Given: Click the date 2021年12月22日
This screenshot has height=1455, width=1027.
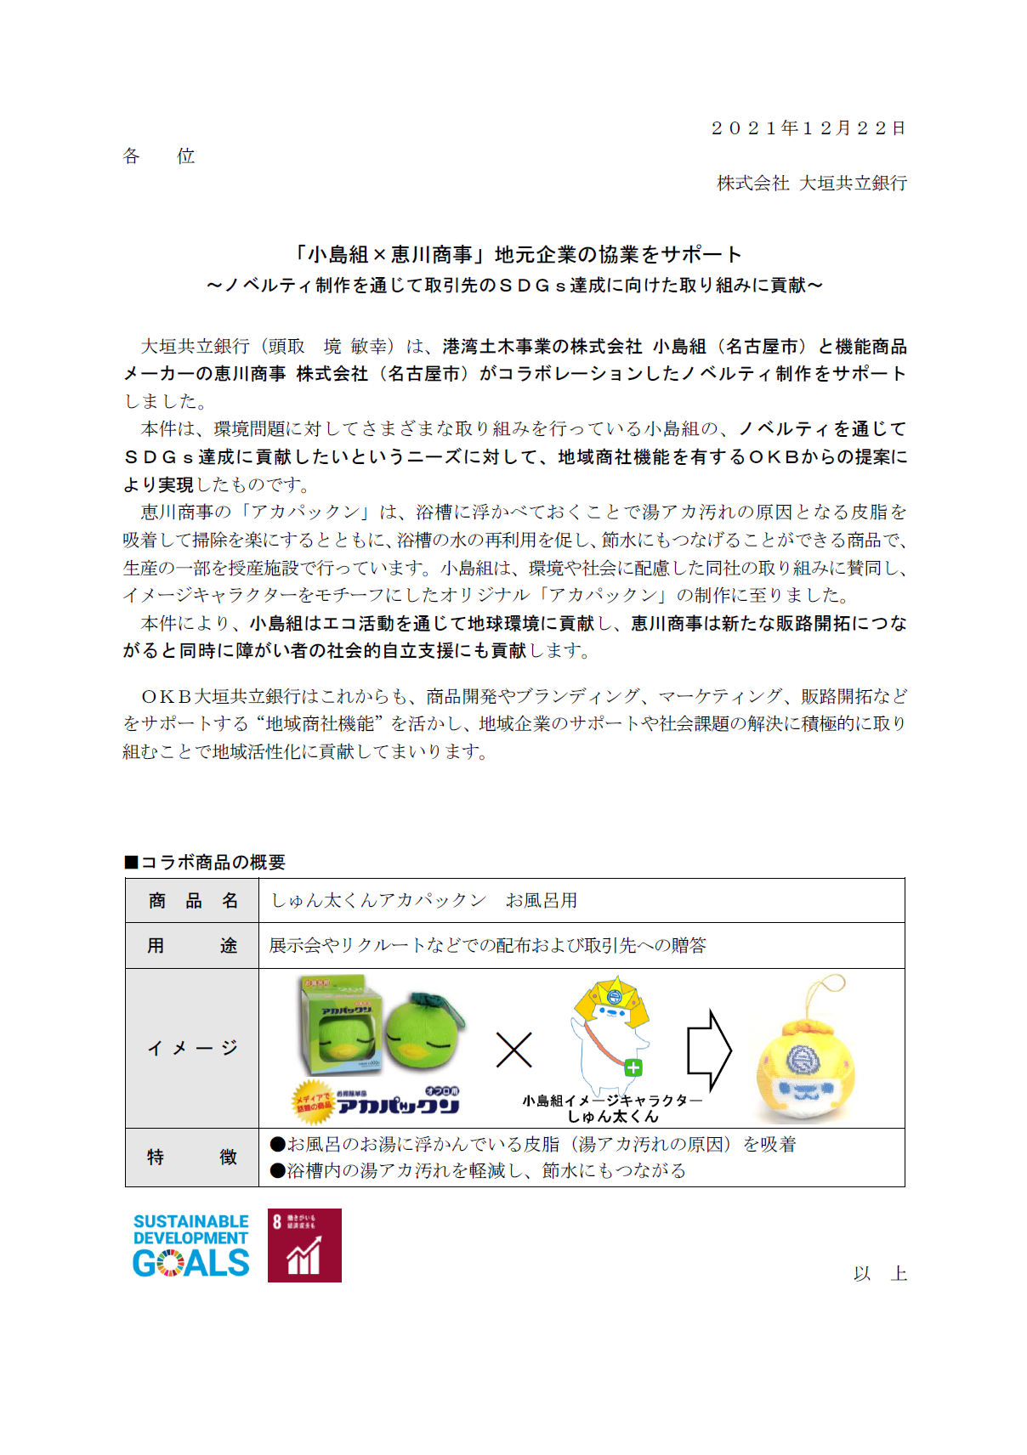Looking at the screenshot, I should pos(808,128).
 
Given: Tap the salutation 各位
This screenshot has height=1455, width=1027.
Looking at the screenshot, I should pos(159,156).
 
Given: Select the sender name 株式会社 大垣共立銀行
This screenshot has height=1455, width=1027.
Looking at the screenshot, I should pos(811,184).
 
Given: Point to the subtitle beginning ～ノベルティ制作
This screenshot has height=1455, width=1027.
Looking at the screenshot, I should pos(514,286).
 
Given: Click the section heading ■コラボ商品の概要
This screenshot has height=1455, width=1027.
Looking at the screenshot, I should pos(205,863).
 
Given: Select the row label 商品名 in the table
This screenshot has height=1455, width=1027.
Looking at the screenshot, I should pos(192,901).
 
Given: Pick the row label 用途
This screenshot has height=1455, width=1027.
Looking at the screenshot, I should pos(192,946).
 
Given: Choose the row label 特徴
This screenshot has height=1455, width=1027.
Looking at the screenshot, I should pos(192,1158).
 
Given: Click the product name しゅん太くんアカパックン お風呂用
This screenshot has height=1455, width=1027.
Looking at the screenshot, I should pos(423,901).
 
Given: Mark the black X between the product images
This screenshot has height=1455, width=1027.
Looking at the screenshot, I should pos(513,1050).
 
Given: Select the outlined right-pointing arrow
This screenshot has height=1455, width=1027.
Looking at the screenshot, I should pos(708,1050).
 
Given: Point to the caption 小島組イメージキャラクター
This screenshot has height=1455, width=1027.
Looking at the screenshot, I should pos(612,1101).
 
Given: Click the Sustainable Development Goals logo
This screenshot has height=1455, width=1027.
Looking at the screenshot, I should pos(191,1246).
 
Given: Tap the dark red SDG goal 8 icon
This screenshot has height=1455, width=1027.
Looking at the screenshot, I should pos(304,1246).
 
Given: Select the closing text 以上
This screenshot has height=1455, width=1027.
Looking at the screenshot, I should pos(880,1274).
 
